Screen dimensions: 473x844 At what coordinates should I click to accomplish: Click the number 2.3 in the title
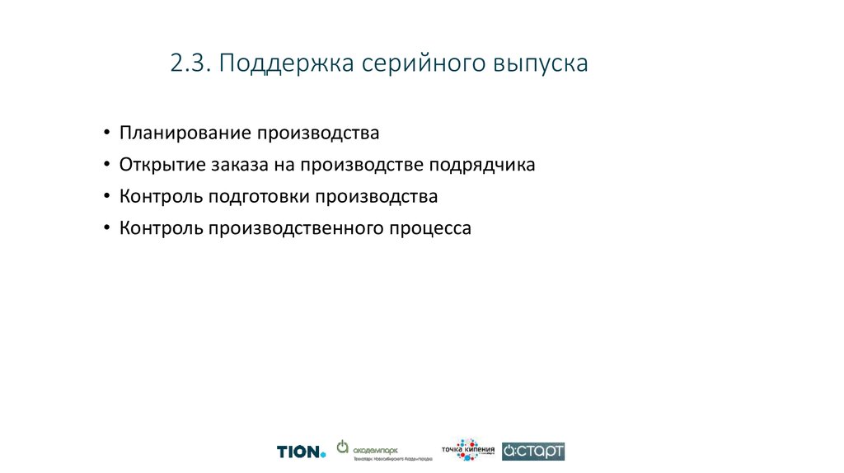click(191, 63)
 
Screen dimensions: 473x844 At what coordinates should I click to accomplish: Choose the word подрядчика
click(481, 165)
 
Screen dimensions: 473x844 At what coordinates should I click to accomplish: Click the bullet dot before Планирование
click(107, 133)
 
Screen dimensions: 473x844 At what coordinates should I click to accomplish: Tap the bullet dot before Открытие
click(107, 166)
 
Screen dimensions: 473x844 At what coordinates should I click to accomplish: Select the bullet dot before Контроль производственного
click(107, 229)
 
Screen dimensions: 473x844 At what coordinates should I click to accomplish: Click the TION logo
click(301, 452)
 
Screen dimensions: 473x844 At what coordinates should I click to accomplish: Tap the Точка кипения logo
click(468, 449)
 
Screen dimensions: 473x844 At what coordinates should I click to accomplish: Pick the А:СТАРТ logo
click(533, 451)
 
